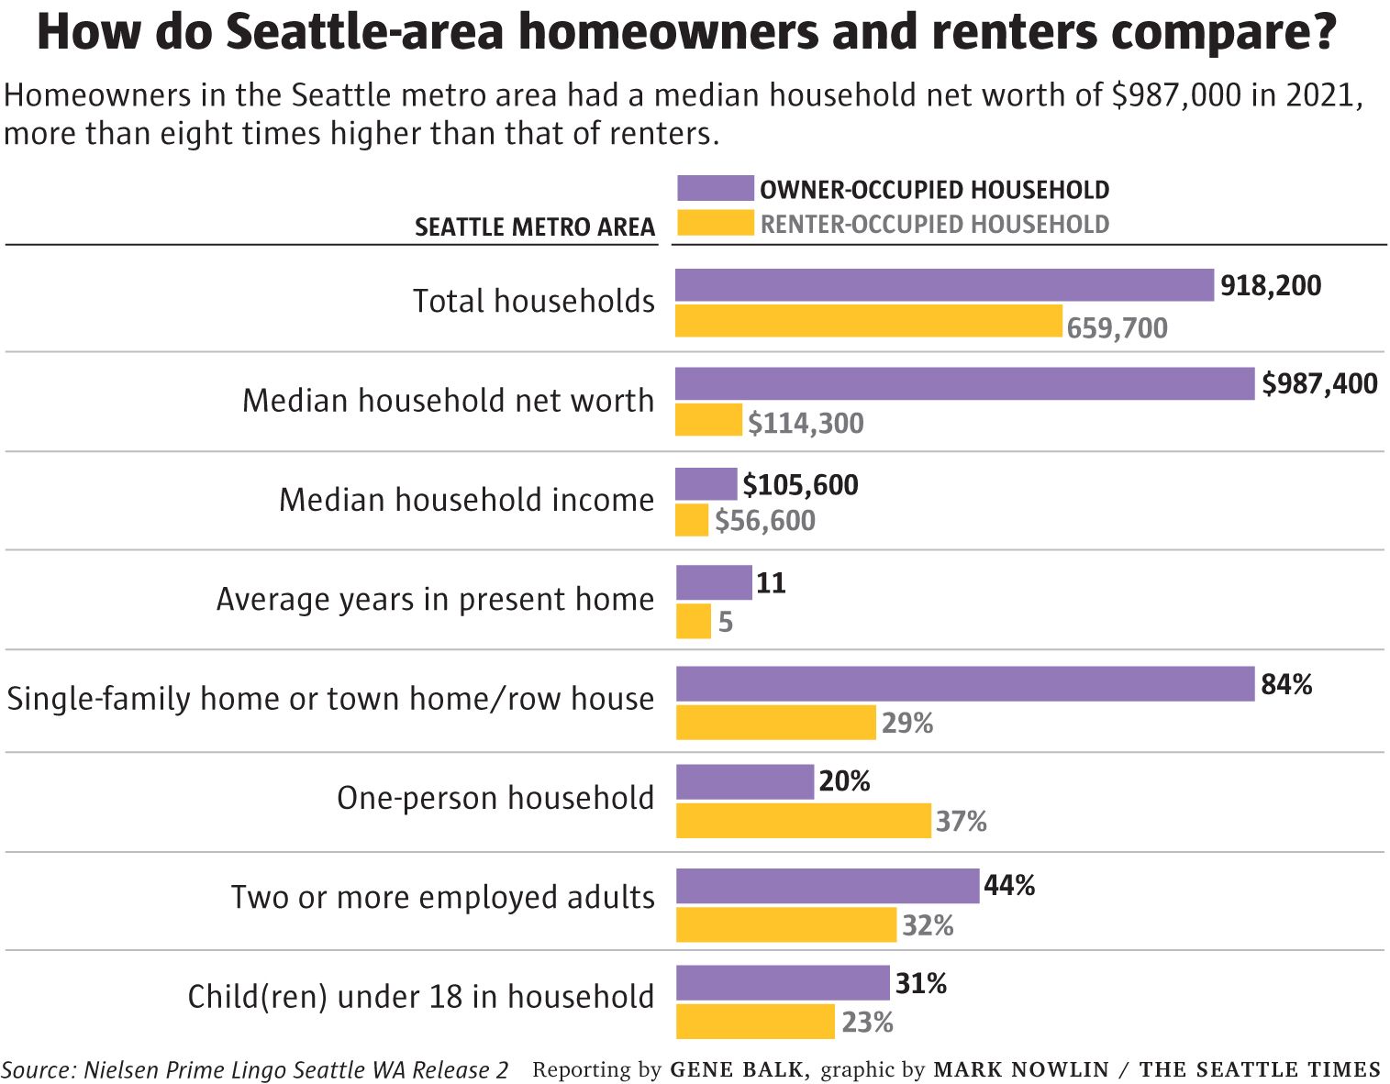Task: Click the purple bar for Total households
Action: (x=944, y=285)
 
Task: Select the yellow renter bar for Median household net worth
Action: (x=708, y=420)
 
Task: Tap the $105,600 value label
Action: (x=800, y=484)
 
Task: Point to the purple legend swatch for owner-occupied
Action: (x=715, y=188)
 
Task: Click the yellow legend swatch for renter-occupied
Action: (x=715, y=223)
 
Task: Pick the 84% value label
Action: (x=1285, y=684)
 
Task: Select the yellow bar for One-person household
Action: (x=803, y=820)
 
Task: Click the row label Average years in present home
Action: (x=435, y=599)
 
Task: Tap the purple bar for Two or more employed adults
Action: (x=827, y=886)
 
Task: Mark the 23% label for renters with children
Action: (x=867, y=1022)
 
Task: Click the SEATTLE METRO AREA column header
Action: (x=535, y=227)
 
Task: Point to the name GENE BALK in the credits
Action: (x=739, y=1069)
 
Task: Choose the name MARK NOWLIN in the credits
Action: (x=1021, y=1069)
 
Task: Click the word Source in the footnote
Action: (x=37, y=1069)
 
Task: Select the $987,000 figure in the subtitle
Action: (x=1176, y=94)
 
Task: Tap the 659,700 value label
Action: (x=1117, y=327)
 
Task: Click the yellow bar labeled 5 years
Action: (x=693, y=621)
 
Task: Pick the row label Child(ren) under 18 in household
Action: (x=420, y=996)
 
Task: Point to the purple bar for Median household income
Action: (x=706, y=483)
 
